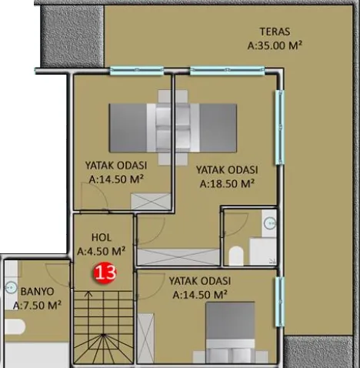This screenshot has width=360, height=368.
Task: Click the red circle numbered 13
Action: coord(105,273)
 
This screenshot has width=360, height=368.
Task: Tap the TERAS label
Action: coord(275,32)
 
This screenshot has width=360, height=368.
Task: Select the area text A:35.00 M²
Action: coord(275,45)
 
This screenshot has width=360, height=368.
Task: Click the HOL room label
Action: coord(102,237)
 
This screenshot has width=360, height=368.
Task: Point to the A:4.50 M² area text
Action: coord(102,251)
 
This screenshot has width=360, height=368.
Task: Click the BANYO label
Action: coord(38,292)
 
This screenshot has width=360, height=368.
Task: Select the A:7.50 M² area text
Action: coord(37,306)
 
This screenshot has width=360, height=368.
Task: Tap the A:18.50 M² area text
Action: coord(227,183)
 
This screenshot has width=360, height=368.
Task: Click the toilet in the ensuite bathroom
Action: coord(236,256)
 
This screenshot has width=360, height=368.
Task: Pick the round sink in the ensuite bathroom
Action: coord(270,223)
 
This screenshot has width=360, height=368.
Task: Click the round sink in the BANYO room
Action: coord(11,288)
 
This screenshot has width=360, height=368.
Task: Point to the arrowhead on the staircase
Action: coord(88,293)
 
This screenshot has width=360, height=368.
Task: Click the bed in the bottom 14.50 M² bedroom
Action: coord(230,333)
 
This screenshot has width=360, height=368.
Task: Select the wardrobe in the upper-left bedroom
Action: coord(151,202)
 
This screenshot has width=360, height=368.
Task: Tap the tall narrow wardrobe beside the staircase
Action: coord(146,338)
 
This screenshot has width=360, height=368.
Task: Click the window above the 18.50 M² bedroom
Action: coord(227,71)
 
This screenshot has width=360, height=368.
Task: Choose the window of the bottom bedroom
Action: coord(280,302)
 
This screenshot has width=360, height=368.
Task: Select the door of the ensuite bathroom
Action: coord(237,222)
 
